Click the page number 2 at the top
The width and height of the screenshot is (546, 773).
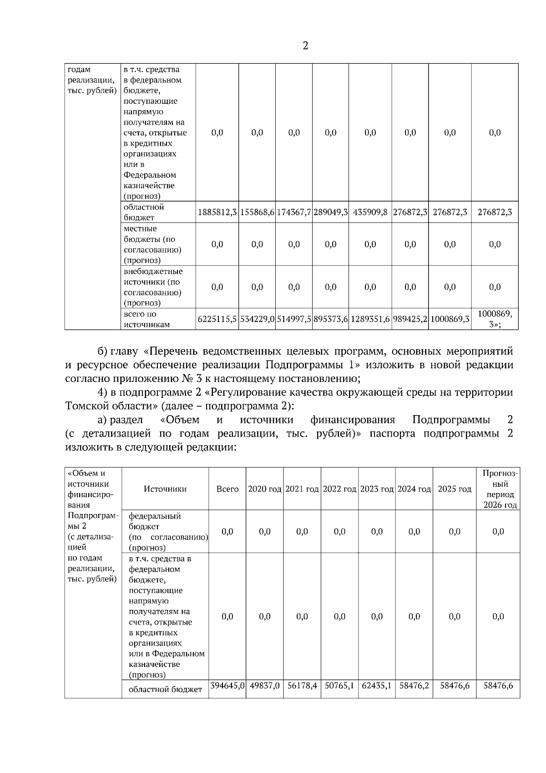tap(305, 46)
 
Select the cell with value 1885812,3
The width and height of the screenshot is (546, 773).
tap(217, 212)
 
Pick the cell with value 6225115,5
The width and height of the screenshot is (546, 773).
tap(217, 319)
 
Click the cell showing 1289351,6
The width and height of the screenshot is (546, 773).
tap(370, 319)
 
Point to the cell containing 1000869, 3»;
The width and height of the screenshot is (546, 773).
tap(495, 319)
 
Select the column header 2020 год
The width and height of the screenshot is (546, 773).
tap(264, 489)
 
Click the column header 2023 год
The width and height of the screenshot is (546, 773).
tap(377, 489)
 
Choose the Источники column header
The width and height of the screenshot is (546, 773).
tap(165, 489)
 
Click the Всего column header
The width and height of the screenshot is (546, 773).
tap(227, 489)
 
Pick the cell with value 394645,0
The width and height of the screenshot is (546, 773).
tap(227, 685)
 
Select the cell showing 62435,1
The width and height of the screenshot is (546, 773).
tap(377, 685)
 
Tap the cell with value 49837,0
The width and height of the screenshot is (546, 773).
tap(264, 685)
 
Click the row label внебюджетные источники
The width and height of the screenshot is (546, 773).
tap(153, 287)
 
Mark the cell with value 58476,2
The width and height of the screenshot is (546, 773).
tap(414, 685)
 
